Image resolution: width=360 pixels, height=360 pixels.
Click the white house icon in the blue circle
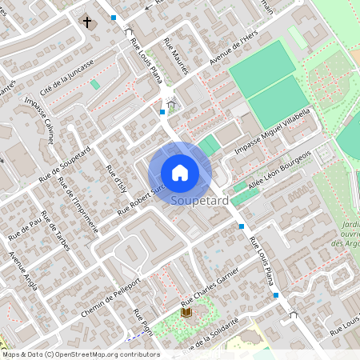(x=180, y=172)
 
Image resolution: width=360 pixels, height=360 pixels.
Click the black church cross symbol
(x=87, y=22)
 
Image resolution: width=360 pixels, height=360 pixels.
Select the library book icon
(x=186, y=313)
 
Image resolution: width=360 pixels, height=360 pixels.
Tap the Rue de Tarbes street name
(x=55, y=232)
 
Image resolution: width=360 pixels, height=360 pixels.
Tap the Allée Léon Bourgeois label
(x=280, y=170)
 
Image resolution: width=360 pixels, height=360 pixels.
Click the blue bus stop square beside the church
(x=114, y=17)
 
